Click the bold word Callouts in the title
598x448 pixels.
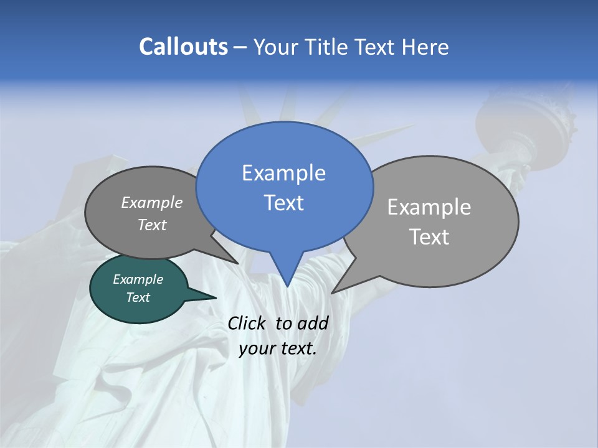[x=183, y=47]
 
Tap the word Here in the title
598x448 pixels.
[x=425, y=47]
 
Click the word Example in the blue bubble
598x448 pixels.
[x=283, y=173]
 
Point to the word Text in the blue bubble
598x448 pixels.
[x=283, y=203]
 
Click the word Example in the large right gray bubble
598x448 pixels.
[x=429, y=207]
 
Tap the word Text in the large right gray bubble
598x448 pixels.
[x=429, y=237]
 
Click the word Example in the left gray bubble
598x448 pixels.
[x=151, y=203]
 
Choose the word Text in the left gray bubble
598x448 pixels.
[x=151, y=225]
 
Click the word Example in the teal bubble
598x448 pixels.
[x=138, y=280]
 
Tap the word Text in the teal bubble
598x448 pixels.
[x=138, y=297]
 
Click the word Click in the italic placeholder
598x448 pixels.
[x=248, y=324]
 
